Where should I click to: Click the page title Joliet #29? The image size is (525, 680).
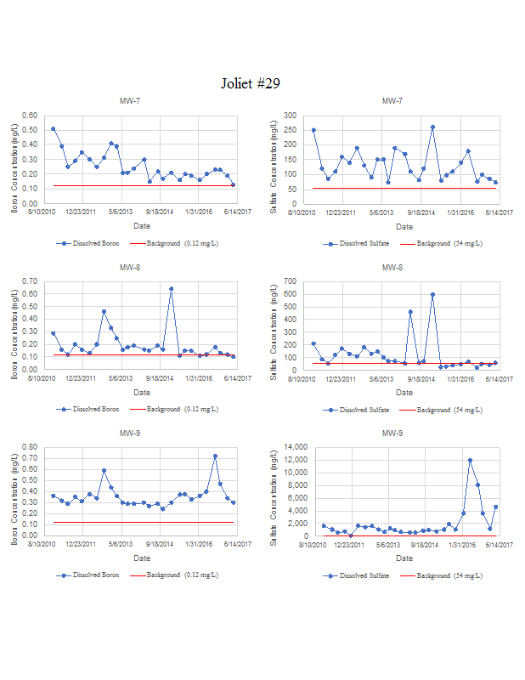coord(250,83)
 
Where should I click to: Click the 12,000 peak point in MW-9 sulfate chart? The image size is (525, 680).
coord(470,461)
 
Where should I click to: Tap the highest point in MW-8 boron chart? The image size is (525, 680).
coord(171,289)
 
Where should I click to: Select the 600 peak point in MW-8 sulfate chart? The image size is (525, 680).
coord(432,294)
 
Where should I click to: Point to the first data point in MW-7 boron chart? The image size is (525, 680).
coord(53,129)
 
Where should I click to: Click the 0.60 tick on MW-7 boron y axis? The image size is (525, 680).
coord(31,116)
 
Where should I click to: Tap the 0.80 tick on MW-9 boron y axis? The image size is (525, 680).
coord(31,447)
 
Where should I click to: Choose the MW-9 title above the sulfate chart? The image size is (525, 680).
coord(392,433)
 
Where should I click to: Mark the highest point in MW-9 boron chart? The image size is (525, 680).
coord(215,456)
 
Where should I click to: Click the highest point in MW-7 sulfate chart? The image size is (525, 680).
coord(432,127)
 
